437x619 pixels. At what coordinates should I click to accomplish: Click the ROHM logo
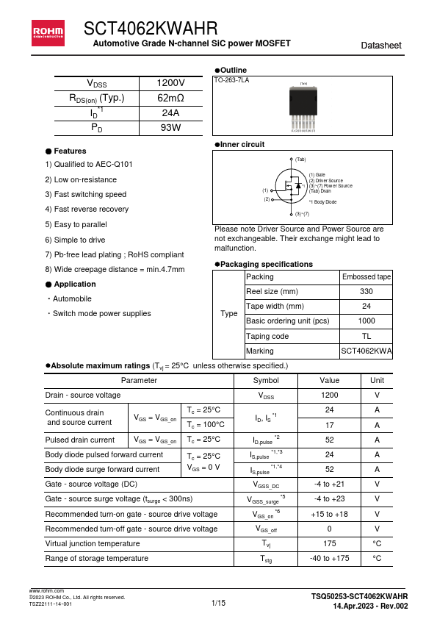[46, 31]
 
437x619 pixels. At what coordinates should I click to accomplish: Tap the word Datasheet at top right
[381, 46]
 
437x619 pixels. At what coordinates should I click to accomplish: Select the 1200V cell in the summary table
[170, 83]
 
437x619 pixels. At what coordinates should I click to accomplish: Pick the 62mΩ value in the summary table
[170, 98]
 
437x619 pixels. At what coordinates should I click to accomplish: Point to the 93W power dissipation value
[170, 127]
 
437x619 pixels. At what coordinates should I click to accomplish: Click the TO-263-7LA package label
[231, 79]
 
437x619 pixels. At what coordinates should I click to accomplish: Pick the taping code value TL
[366, 336]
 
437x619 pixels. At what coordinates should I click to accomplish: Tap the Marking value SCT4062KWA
[366, 351]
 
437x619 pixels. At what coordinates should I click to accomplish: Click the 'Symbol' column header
[265, 380]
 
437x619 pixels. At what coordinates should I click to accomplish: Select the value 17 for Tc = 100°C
[329, 425]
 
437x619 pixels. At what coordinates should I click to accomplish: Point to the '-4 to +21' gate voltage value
[329, 484]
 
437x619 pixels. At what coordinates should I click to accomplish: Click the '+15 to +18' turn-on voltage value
[329, 514]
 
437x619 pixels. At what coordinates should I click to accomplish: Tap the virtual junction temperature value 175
[329, 543]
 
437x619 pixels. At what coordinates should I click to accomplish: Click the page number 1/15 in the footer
[218, 603]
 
